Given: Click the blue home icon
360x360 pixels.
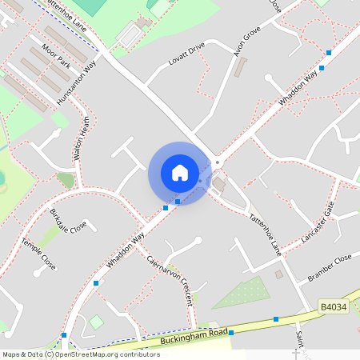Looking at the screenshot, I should coord(180,172).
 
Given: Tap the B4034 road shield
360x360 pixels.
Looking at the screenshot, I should coord(334,306).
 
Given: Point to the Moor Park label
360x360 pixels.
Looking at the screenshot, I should coord(58,55).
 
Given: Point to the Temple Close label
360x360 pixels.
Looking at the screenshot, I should coord(38,253).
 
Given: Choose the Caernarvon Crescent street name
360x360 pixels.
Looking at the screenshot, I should coord(170,280).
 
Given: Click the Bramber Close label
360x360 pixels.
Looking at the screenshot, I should coord(330,268).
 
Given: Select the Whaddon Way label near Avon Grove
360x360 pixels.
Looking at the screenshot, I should coord(298,90).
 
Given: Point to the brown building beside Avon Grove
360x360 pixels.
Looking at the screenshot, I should coord(241,66).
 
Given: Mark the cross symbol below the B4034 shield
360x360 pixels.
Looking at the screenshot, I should coord(296,351).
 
